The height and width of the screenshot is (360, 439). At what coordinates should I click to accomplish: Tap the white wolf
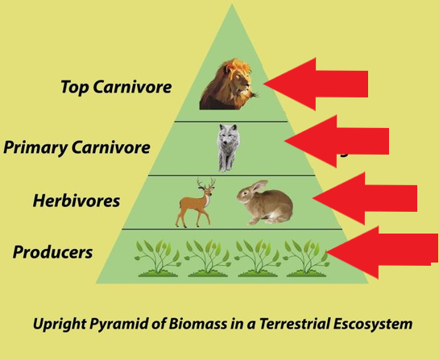click(x=229, y=147)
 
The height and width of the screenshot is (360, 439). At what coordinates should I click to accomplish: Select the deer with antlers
click(x=196, y=203)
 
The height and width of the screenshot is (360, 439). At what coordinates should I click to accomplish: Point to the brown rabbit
click(x=265, y=202)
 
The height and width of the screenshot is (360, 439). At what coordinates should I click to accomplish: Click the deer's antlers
click(x=205, y=184)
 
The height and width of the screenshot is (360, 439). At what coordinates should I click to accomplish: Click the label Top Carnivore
click(x=116, y=87)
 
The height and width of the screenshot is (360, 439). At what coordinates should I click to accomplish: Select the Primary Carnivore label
click(x=77, y=147)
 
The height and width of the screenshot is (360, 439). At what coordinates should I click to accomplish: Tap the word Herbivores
click(x=77, y=201)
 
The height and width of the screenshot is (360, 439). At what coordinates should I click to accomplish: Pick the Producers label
click(x=52, y=252)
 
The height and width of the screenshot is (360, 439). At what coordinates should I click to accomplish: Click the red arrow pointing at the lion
click(x=316, y=84)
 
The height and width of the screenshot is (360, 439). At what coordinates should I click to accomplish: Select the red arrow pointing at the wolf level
click(x=337, y=142)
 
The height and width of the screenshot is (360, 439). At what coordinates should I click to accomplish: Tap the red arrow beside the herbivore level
click(x=365, y=198)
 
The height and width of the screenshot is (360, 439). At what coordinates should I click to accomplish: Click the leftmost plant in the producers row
click(x=158, y=259)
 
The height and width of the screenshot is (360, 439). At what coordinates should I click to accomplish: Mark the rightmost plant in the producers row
click(x=306, y=259)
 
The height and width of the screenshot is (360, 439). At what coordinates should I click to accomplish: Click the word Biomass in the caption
click(x=197, y=324)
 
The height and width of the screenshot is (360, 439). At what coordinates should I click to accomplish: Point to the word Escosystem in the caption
click(x=373, y=325)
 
